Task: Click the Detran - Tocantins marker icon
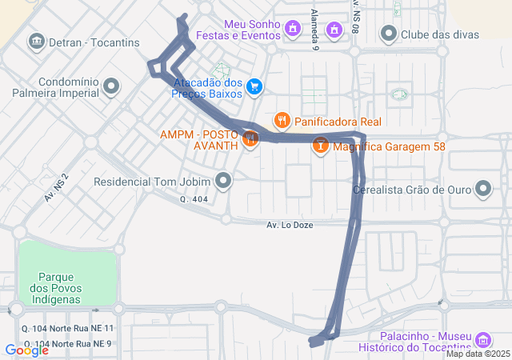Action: click(36, 42)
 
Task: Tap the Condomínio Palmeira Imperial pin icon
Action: click(111, 86)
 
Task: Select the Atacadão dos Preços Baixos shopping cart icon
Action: click(254, 86)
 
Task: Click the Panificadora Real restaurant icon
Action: click(282, 122)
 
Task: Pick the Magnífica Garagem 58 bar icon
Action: click(320, 146)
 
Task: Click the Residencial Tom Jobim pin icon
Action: click(224, 181)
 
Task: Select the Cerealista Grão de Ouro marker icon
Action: click(483, 190)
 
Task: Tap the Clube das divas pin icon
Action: click(389, 34)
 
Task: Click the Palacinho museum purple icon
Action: click(482, 339)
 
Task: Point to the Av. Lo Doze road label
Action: click(291, 225)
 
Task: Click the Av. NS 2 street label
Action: click(57, 186)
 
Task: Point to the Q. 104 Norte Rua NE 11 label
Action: click(69, 329)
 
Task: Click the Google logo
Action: click(26, 350)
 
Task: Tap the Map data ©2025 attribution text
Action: click(478, 354)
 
